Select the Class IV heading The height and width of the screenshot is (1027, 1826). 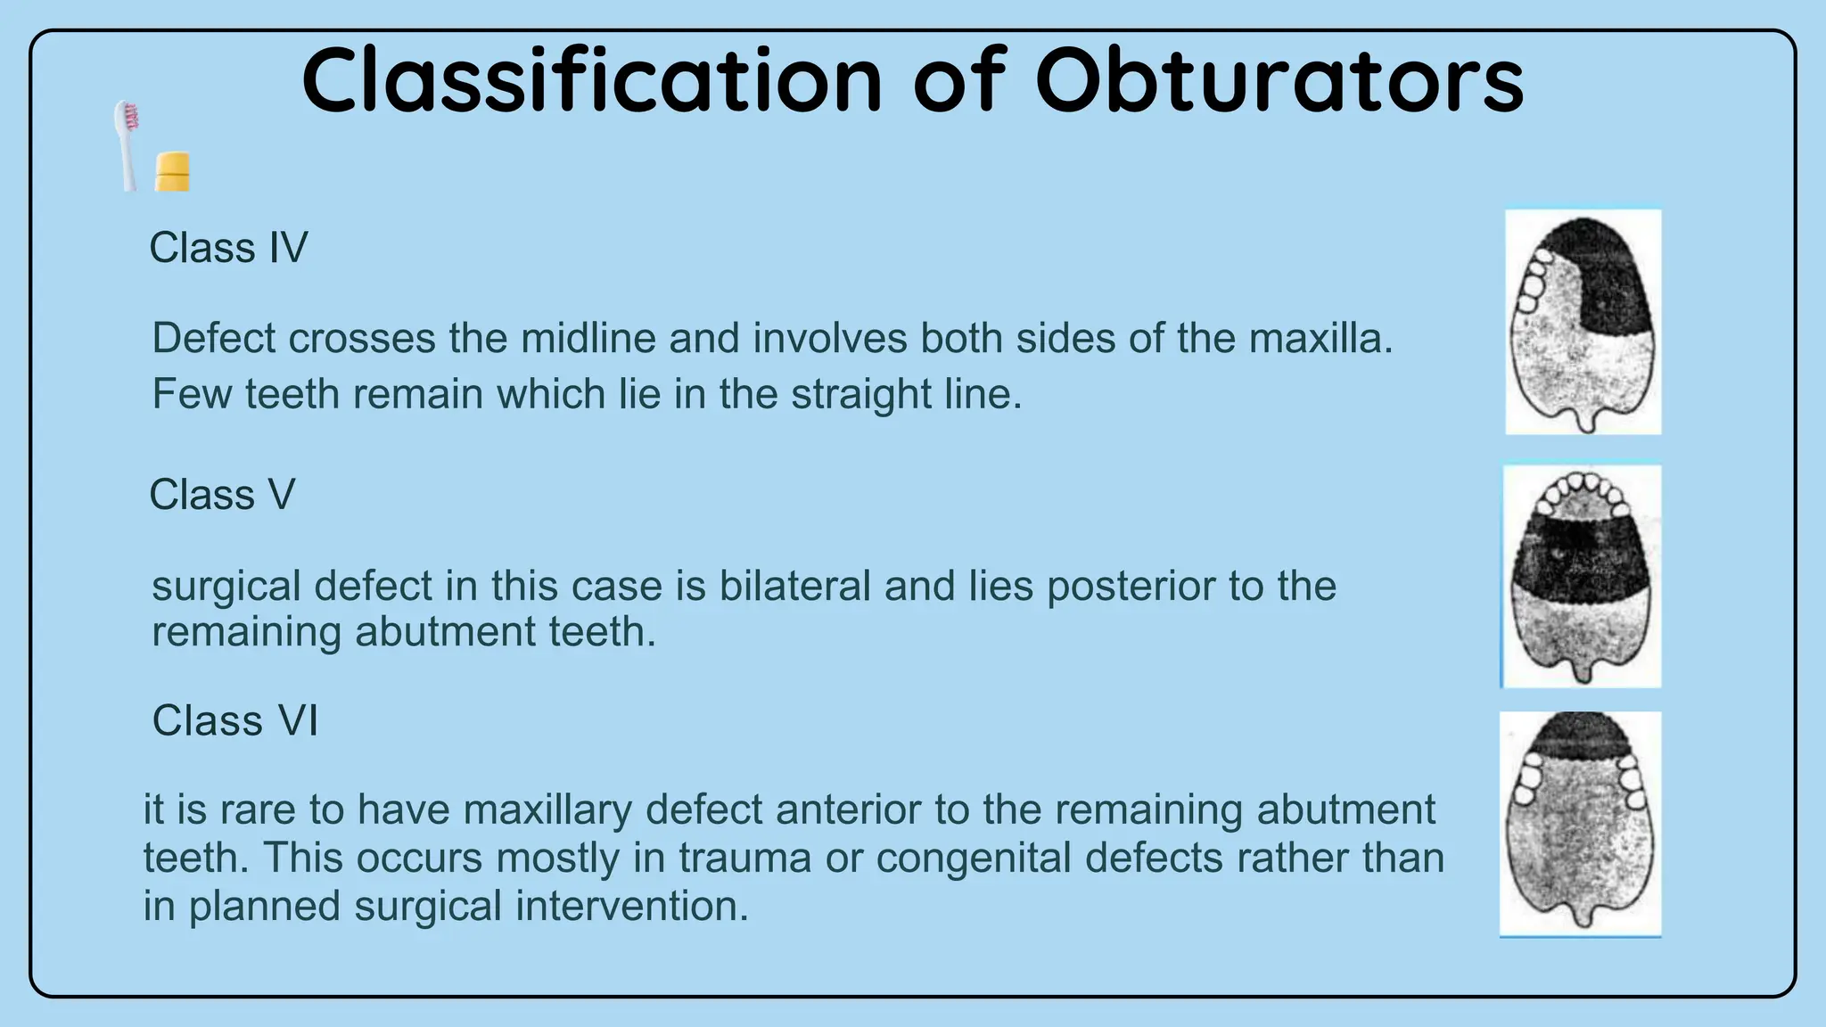(228, 248)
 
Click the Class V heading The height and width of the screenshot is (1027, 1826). (222, 495)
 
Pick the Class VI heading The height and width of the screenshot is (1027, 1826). (234, 720)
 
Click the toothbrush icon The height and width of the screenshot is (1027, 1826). (127, 145)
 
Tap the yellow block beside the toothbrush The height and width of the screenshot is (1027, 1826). (172, 171)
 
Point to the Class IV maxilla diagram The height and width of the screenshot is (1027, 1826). (1583, 323)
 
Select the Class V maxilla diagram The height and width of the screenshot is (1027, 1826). (1582, 577)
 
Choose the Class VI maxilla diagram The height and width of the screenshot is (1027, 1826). (1580, 824)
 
